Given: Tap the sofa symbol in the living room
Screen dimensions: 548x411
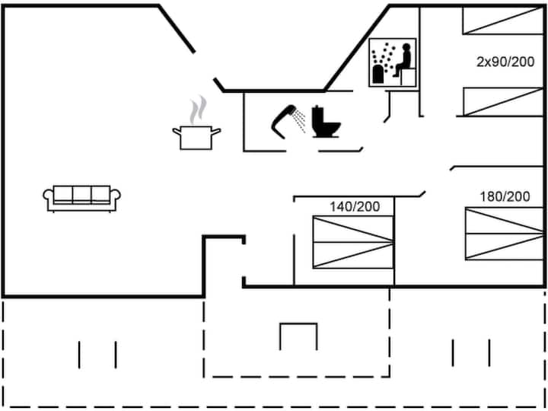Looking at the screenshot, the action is (81, 199).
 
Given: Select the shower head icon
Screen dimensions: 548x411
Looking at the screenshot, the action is (284, 121).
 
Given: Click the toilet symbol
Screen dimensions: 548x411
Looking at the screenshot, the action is (326, 121).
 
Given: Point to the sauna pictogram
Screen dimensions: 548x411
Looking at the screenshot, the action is (393, 62).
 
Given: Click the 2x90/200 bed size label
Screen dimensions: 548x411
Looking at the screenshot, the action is (505, 62).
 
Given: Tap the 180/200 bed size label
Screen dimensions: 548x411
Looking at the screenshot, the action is (505, 196).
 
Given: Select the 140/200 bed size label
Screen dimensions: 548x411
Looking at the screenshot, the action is (355, 206).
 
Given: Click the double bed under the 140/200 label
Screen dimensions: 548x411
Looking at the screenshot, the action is (353, 242).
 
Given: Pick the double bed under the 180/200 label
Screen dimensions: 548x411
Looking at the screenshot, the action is (505, 234).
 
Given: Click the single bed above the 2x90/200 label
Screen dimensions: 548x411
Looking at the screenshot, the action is (503, 21).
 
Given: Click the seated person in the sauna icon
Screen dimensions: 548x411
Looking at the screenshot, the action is (403, 60).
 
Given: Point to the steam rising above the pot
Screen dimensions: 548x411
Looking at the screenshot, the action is (198, 110).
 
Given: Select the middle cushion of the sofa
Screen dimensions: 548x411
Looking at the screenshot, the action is (81, 194).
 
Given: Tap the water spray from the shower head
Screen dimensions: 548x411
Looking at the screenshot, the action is (300, 120).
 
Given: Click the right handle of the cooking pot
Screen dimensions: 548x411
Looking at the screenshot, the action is (216, 132).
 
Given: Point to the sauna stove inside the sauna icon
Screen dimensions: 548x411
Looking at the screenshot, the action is (378, 74).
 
